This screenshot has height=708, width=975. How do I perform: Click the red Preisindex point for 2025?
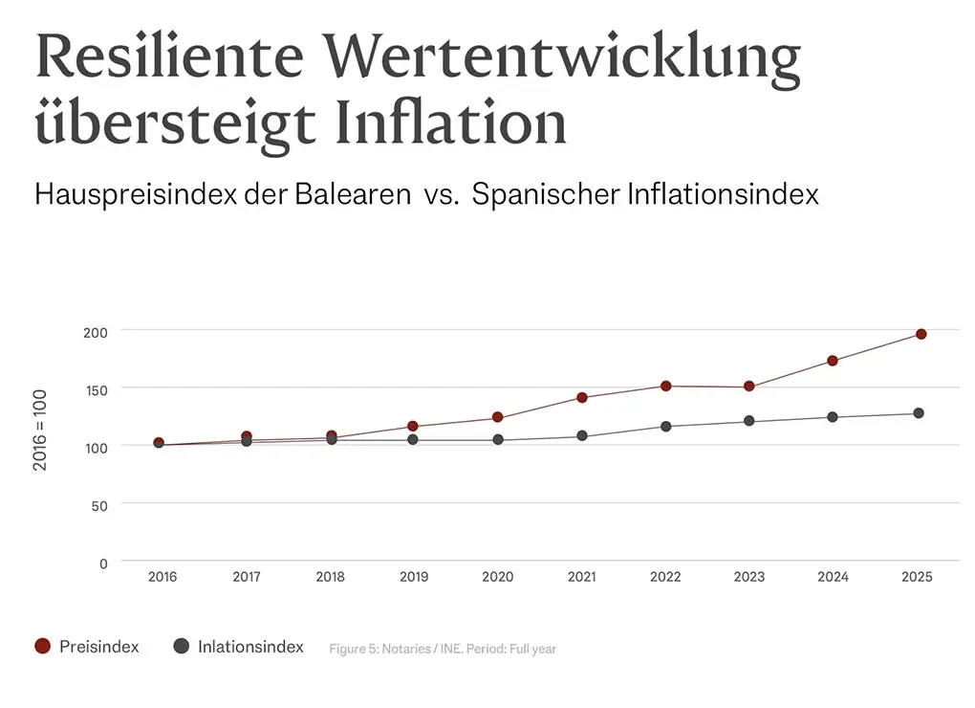pos(921,334)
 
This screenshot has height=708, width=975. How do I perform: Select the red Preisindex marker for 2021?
pos(581,397)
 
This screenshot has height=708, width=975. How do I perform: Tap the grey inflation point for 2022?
pos(665,426)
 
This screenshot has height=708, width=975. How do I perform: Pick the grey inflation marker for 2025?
pos(918,413)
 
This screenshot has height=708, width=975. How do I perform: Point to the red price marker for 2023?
pos(748,387)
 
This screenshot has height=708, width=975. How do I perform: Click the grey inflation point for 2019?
pos(412,439)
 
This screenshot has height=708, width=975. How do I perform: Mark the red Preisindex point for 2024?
pos(833,361)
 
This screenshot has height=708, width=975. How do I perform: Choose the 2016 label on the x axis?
pos(162,577)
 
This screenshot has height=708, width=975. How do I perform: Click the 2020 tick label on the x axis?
pos(497,577)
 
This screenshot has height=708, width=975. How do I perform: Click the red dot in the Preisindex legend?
pos(42,647)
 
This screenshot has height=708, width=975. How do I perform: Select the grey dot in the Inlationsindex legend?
pos(181,647)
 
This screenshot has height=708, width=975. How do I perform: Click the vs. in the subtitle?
pos(444,194)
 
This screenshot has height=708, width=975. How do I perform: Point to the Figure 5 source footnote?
pos(443,649)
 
